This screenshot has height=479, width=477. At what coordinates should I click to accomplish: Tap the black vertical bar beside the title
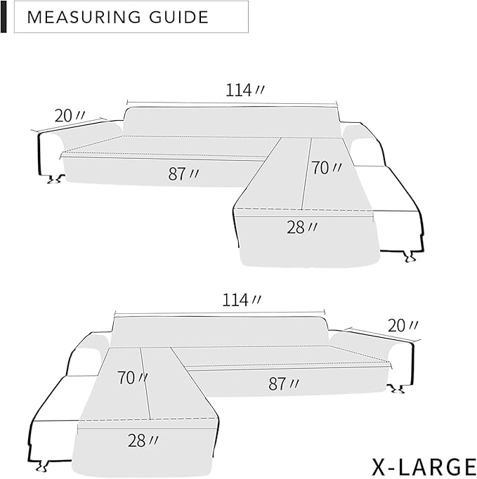[4, 17]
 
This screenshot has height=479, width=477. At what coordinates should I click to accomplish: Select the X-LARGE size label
[424, 466]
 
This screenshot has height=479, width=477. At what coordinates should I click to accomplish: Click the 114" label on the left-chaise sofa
[241, 300]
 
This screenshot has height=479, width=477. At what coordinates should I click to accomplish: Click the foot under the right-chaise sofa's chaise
[406, 259]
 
